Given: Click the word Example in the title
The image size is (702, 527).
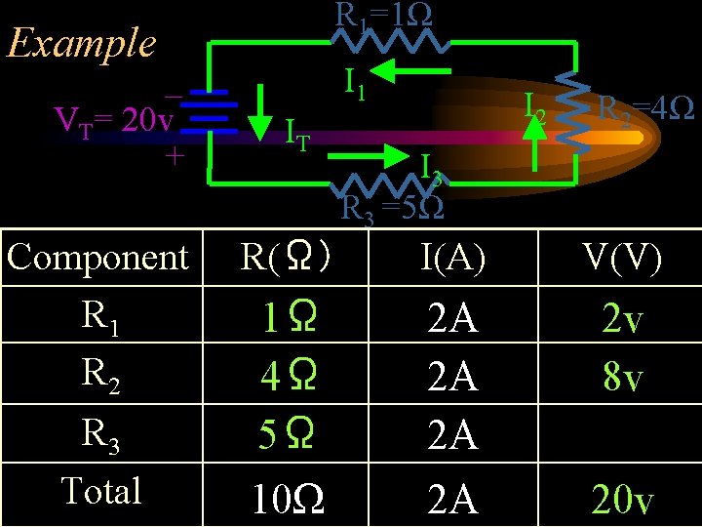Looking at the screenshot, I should click(x=81, y=43).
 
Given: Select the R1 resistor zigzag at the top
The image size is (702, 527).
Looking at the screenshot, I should click(x=389, y=41).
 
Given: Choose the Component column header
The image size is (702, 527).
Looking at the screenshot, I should click(x=97, y=258).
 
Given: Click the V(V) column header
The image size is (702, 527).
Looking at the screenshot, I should click(x=621, y=258).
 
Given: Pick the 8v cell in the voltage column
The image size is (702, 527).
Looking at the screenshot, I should click(x=623, y=377).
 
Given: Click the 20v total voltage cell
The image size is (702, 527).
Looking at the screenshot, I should click(x=623, y=500).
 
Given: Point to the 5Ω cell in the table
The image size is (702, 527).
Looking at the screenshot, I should click(x=286, y=434).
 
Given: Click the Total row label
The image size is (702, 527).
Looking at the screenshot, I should click(x=101, y=490).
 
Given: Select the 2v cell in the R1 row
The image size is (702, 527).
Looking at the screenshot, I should click(x=623, y=319).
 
